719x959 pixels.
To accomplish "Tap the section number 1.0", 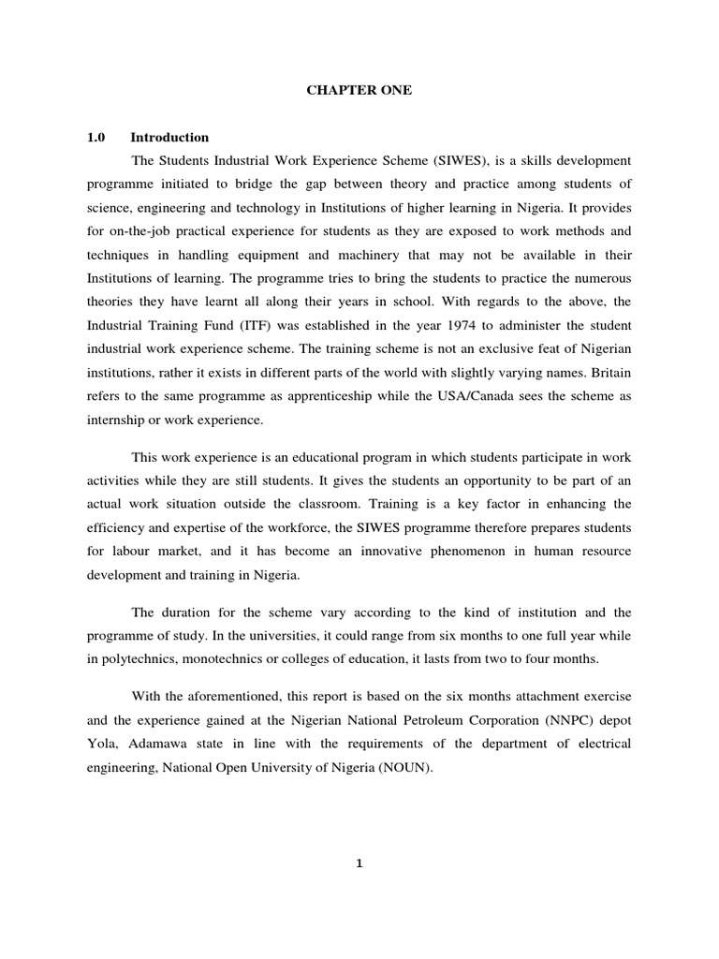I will click(x=95, y=138).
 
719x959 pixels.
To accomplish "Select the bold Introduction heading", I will click(x=170, y=138).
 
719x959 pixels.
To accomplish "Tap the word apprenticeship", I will click(x=324, y=395).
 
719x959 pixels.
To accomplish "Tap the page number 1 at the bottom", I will click(x=359, y=863).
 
